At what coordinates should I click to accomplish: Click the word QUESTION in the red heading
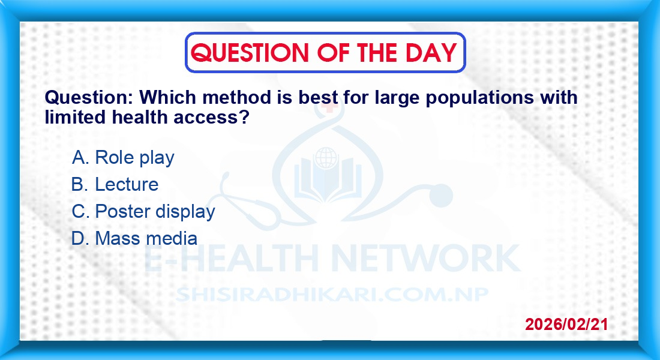pos(250,53)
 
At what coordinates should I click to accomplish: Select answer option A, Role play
pos(123,158)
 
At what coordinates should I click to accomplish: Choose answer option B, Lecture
pos(115,184)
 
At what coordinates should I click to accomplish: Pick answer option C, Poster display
pos(143,211)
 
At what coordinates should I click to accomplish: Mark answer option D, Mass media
pos(134,238)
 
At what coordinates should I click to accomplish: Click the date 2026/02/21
pos(566,324)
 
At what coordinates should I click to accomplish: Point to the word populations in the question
pos(480,98)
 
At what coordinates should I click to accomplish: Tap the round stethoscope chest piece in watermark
pos(440,196)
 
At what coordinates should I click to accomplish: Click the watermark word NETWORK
pos(426,258)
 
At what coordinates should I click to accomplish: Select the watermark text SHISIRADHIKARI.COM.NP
pos(332,295)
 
